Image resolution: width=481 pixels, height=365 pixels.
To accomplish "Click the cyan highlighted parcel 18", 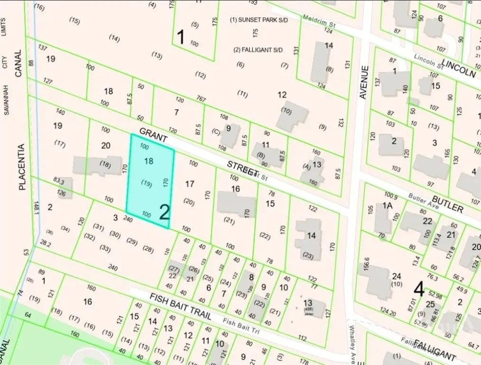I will [149, 181].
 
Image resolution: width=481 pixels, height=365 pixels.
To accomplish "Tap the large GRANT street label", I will [153, 134].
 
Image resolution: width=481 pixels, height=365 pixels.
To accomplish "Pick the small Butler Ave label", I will [425, 198].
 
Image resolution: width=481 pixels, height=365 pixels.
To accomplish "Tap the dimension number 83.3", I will [59, 181].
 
